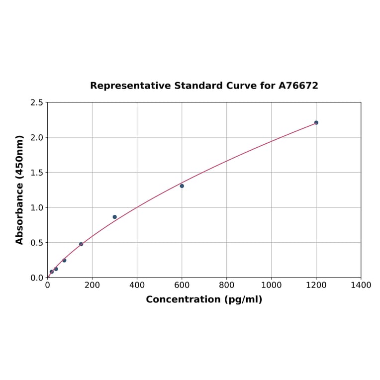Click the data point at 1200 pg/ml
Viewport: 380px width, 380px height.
316,122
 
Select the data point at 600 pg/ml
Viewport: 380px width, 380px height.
182,186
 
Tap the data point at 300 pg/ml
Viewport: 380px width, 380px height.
114,217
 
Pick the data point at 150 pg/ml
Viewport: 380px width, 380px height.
81,244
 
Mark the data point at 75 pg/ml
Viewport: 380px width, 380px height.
64,260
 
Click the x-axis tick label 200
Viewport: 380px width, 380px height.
92,285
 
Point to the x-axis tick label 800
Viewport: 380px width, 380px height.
226,285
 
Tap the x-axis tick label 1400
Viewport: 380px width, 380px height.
361,285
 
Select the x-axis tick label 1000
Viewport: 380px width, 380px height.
271,285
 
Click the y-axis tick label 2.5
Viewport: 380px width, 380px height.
37,102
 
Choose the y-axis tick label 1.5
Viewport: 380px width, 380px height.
37,173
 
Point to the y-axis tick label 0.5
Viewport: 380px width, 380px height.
37,243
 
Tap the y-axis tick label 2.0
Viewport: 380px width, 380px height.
37,137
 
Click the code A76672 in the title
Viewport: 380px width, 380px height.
298,86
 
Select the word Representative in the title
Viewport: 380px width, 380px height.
130,86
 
